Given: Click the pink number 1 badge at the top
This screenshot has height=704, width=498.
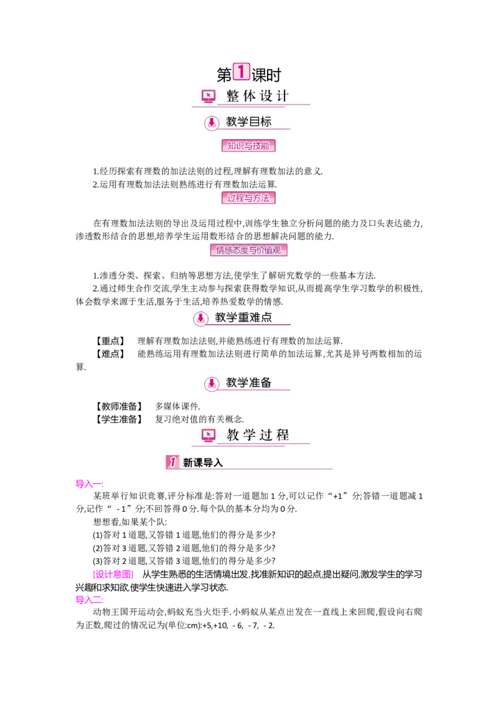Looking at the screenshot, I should [x=241, y=72].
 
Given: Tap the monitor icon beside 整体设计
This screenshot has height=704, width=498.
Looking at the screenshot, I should [x=209, y=96].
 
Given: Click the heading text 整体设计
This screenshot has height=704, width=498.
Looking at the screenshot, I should [x=258, y=96].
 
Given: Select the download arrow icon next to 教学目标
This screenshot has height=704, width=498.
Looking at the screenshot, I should [x=212, y=123].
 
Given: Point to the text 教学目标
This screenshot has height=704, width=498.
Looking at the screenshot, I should [x=248, y=122].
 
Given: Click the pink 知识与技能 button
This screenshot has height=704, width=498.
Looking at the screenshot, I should [x=248, y=146].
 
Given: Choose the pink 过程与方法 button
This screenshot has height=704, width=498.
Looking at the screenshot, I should [x=248, y=198].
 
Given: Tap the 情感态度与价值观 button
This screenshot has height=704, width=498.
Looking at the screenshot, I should [x=248, y=251].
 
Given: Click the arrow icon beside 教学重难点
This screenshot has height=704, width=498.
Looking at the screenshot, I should [x=200, y=318].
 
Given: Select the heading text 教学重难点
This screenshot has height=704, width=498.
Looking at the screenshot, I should [x=243, y=318].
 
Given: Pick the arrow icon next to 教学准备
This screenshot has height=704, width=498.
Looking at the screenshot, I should [x=212, y=383].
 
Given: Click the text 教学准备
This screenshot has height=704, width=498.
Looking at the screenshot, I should [x=248, y=382].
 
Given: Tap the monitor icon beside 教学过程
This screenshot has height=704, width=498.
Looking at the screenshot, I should [x=209, y=435].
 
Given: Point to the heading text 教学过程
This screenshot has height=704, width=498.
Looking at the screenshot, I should [x=258, y=435].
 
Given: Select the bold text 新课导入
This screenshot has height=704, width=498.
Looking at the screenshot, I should [x=202, y=463].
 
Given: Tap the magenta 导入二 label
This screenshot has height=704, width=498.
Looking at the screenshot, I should [x=89, y=600].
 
